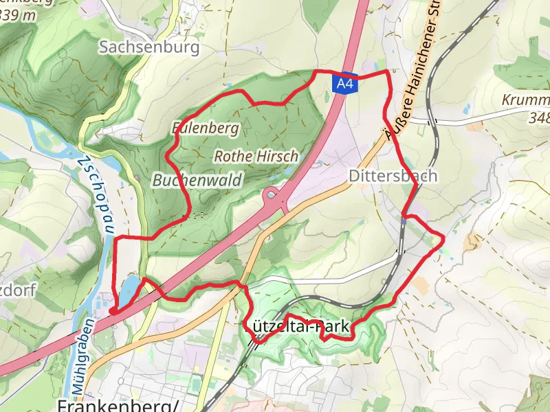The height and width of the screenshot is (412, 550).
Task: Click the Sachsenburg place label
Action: pyautogui.click(x=149, y=47)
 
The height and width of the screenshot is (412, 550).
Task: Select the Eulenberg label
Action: pyautogui.click(x=206, y=128)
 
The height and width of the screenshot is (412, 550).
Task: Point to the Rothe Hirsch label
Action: pyautogui.click(x=256, y=157)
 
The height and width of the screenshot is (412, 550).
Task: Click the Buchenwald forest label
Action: pyautogui.click(x=197, y=180)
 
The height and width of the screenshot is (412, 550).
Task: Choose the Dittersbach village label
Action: pyautogui.click(x=393, y=176)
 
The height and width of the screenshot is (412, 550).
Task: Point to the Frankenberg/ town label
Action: pyautogui.click(x=119, y=404)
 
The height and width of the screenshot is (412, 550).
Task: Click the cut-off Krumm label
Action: pyautogui.click(x=525, y=100)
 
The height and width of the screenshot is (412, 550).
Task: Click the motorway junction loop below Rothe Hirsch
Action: pyautogui.click(x=274, y=197)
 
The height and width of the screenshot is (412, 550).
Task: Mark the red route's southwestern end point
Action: pyautogui.click(x=111, y=311)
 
